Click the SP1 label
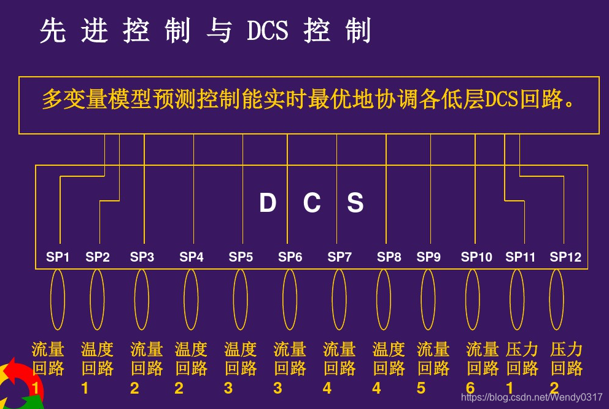[x=58, y=257]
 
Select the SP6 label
[x=290, y=257]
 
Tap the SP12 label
[x=565, y=257]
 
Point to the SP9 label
[x=429, y=257]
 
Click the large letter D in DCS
[x=268, y=203]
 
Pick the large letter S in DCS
[x=355, y=203]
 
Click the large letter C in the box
[x=312, y=203]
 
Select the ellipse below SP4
[x=191, y=299]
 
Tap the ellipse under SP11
[x=518, y=299]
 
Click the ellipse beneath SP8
[x=384, y=299]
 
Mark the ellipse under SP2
[x=97, y=299]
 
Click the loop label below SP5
[x=241, y=367]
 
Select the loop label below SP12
[x=566, y=367]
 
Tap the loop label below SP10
[x=482, y=367]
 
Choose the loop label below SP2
[x=97, y=367]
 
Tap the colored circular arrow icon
[x=18, y=387]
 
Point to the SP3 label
[x=142, y=257]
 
